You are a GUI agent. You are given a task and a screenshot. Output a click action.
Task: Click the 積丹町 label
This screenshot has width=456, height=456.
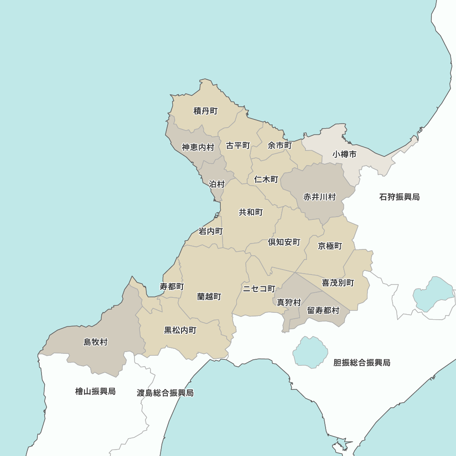tap(206, 111)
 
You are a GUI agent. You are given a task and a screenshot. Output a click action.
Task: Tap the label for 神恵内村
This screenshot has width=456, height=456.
tap(198, 147)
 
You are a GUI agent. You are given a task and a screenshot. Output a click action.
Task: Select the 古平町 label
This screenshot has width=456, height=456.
tap(238, 145)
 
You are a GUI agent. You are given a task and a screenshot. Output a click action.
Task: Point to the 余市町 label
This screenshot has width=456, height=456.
tap(280, 145)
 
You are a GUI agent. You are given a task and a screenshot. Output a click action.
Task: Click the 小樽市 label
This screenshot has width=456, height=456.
tap(344, 155)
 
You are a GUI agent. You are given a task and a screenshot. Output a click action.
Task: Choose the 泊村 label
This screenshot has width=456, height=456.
tap(217, 184)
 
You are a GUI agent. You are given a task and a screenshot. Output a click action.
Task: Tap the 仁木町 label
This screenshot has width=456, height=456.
tap(266, 179)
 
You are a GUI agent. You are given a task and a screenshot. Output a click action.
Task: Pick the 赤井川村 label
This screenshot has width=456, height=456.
tap(320, 197)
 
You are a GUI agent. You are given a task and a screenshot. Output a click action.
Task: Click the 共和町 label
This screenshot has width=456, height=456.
tap(251, 212)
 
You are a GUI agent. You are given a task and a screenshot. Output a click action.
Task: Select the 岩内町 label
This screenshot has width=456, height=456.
tap(211, 231)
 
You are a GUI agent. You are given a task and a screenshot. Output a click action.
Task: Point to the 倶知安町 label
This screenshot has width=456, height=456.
tap(284, 242)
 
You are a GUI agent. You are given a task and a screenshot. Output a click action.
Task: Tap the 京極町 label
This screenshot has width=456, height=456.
tap(330, 246)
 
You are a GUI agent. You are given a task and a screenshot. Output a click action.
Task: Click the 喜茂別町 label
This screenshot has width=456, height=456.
tap(338, 283)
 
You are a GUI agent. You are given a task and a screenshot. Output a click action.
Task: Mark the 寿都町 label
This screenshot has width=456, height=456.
tap(172, 286)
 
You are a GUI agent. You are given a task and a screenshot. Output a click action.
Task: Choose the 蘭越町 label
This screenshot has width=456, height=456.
tap(209, 296)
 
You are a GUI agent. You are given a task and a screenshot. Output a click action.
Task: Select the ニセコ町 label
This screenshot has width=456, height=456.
tap(259, 289)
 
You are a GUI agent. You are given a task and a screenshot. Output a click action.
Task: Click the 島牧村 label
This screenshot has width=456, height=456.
tap(95, 342)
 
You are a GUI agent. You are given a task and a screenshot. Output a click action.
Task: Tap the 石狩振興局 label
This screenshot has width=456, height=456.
tap(399, 197)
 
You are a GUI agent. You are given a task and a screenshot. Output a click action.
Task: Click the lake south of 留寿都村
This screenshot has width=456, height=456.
tap(310, 352)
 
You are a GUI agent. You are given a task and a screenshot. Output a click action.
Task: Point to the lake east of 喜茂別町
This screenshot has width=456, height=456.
tap(433, 293)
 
